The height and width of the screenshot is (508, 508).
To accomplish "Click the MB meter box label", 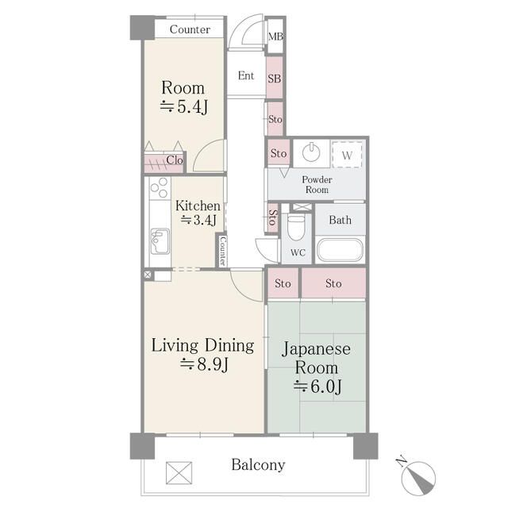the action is (x=275, y=37).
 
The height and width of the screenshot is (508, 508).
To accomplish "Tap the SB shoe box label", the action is (x=274, y=79).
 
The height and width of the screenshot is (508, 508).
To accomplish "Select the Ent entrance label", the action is (x=246, y=76).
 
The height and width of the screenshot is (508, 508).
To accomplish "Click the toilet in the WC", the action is (x=296, y=226).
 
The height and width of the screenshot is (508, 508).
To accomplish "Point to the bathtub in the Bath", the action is (x=340, y=250).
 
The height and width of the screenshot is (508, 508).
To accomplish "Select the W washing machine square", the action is (x=347, y=155).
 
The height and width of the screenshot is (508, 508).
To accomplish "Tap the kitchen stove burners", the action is (x=160, y=187).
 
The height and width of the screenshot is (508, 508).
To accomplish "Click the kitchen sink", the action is (x=160, y=241).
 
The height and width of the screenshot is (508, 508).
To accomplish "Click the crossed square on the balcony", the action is (x=179, y=473).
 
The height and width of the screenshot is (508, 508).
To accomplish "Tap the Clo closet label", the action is (x=175, y=160).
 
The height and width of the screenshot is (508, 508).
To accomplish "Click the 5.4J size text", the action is (x=184, y=107).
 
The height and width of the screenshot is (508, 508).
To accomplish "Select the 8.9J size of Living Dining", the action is (x=205, y=364).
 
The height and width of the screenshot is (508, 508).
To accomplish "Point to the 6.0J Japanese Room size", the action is (x=317, y=387).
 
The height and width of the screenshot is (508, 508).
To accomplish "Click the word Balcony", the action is (x=258, y=465).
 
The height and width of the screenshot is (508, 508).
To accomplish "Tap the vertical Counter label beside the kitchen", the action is (x=223, y=251).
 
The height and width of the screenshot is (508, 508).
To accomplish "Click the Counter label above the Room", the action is (x=190, y=29).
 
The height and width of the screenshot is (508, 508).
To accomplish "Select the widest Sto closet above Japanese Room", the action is (x=333, y=283).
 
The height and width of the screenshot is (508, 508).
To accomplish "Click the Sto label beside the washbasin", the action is (x=279, y=153).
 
